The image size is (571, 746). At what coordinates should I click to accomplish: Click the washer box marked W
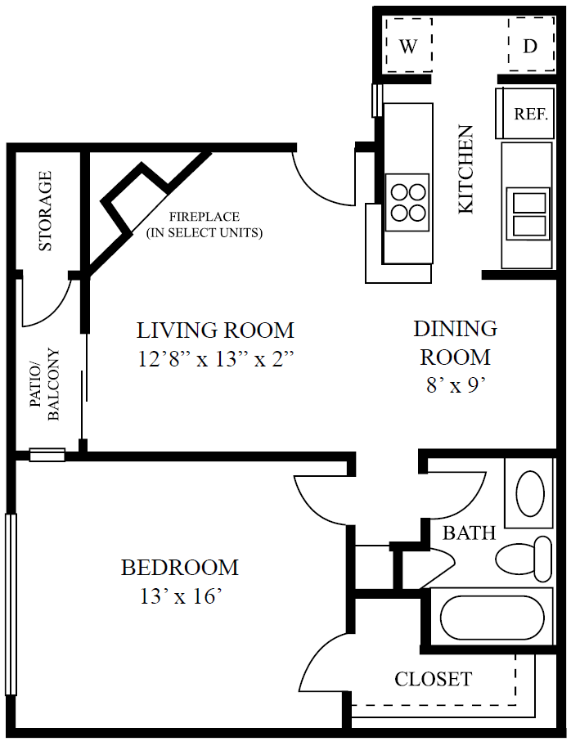[x=407, y=46]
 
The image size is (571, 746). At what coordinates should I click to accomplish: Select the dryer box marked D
[x=530, y=46]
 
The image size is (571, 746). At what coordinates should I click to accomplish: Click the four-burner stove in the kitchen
[x=407, y=201]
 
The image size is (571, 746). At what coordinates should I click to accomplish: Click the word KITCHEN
[x=465, y=169]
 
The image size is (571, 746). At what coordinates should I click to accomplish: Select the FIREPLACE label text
[x=205, y=218]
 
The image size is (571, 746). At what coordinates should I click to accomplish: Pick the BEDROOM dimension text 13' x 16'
[x=180, y=596]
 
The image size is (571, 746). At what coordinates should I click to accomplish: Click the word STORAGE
[x=46, y=210]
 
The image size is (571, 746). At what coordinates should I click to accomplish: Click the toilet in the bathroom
[x=524, y=558]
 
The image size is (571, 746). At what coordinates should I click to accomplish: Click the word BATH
[x=469, y=533]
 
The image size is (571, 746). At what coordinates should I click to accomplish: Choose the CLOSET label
[x=433, y=679]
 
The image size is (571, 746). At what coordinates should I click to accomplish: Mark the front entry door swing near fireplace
[x=323, y=180]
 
